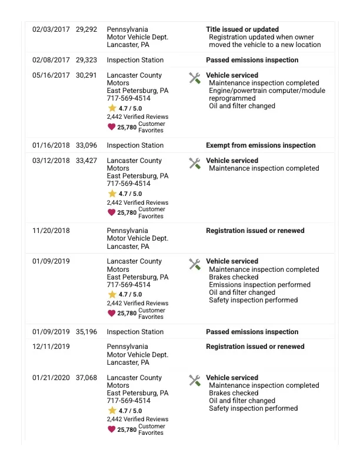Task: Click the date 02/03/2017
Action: coord(51,29)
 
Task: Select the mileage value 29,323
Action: coord(86,60)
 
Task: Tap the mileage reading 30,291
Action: coord(86,75)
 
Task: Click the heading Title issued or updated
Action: coord(242,29)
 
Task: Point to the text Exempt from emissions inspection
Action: coord(261,145)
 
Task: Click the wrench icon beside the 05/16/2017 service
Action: coord(195,78)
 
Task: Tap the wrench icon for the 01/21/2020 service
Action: coord(195,380)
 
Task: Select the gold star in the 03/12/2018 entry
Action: coord(112,194)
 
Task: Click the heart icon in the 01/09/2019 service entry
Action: coord(111,313)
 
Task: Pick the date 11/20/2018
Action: coord(51,231)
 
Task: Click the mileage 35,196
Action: coord(86,332)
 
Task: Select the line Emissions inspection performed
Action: coord(259,285)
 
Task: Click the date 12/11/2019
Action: coord(51,347)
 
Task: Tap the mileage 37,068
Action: coord(86,378)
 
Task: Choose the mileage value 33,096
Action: coord(86,145)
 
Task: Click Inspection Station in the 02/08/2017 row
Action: coord(135,60)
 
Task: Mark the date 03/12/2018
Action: coord(51,161)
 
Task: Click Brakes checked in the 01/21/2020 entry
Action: coord(234,393)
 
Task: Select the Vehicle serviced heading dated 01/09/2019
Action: coord(232,261)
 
